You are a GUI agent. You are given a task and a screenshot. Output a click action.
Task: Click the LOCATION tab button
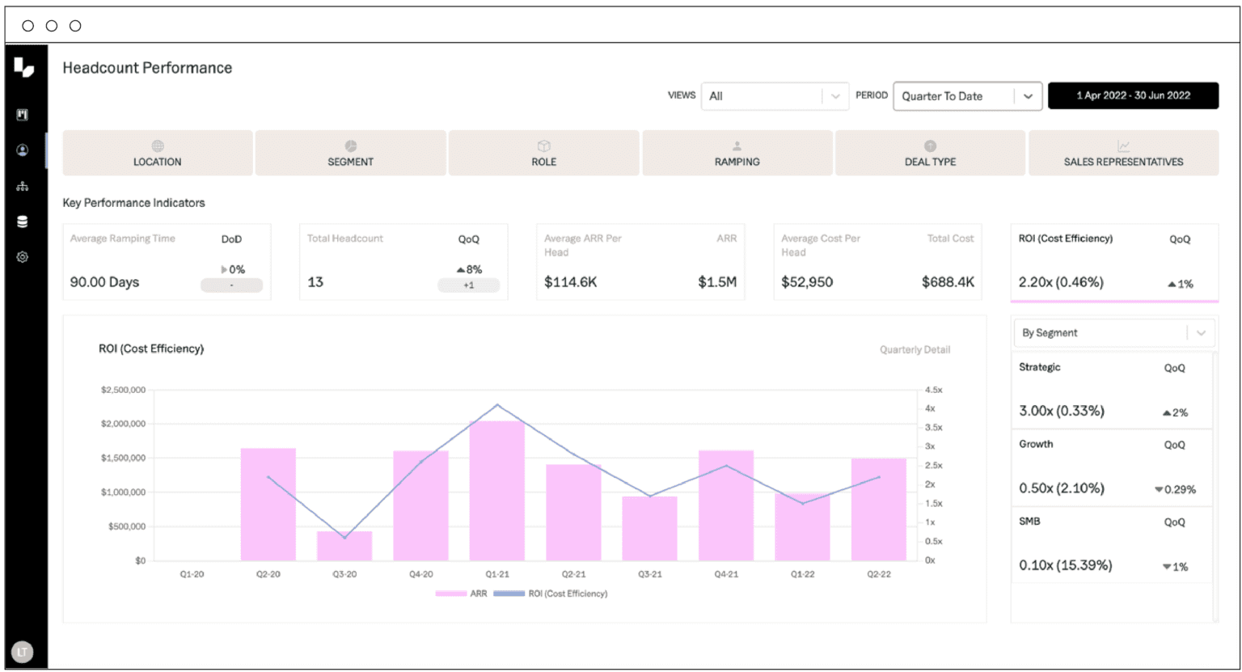tap(158, 153)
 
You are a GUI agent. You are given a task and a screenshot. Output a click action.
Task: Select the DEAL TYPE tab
tap(930, 153)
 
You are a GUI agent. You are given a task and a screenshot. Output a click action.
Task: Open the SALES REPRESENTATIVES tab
tap(1123, 153)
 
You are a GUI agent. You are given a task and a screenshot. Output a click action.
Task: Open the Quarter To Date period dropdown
tap(967, 95)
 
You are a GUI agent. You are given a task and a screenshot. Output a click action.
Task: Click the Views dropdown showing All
tap(775, 95)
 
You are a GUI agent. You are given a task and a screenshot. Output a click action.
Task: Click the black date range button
tap(1133, 95)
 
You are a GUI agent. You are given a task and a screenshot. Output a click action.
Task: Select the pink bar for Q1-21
tap(497, 490)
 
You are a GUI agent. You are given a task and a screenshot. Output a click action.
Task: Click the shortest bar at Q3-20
tap(344, 546)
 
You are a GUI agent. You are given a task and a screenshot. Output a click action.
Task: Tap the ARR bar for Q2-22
tap(879, 509)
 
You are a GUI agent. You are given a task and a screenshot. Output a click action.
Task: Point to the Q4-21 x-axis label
tap(726, 574)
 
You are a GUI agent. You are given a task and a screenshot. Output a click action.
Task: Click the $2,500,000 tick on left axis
tap(123, 390)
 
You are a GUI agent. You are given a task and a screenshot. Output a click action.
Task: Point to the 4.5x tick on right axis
tap(933, 390)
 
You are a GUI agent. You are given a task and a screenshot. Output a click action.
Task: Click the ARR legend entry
tap(463, 594)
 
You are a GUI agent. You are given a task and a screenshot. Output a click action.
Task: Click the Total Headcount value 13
tap(315, 282)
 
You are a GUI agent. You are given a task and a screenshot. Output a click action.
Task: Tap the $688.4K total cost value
tap(948, 282)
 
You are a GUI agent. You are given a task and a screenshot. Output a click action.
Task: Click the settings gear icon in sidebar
tap(23, 257)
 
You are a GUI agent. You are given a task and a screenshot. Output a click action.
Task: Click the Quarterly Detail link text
tap(915, 350)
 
